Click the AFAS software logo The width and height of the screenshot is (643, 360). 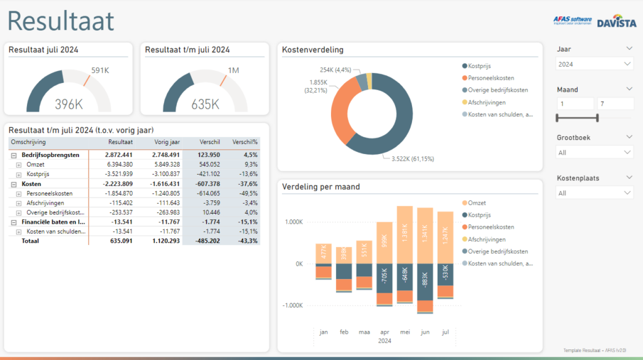(572, 21)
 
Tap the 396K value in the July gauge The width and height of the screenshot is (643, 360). (68, 104)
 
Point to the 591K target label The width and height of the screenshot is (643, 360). (100, 70)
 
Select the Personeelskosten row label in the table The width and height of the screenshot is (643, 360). (49, 194)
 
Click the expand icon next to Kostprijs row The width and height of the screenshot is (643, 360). (19, 174)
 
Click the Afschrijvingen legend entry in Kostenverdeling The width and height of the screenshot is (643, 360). (487, 102)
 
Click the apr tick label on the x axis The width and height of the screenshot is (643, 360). (385, 331)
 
